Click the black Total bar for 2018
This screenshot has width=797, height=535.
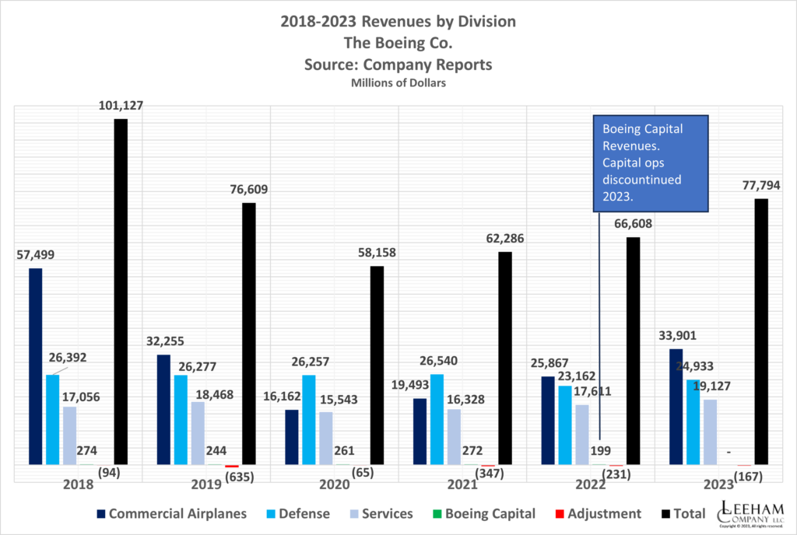click(121, 292)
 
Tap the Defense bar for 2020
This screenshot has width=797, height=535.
click(309, 420)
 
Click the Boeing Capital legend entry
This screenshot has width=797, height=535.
click(482, 513)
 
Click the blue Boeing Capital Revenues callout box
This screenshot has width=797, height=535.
click(650, 164)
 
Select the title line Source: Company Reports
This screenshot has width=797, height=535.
click(398, 65)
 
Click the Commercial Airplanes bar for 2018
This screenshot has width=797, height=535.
click(35, 366)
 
